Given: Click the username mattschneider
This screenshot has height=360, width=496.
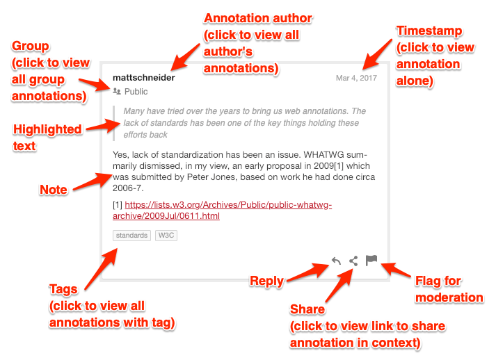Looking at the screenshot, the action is [143, 78].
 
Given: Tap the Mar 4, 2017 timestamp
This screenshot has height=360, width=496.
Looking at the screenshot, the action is [356, 78].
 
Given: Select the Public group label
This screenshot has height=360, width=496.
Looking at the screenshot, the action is [136, 92].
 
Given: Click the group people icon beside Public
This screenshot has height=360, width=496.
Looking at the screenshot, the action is [116, 92].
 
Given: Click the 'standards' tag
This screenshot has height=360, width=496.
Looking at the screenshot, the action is [131, 236].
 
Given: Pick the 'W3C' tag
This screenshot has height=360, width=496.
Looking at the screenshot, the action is [166, 236].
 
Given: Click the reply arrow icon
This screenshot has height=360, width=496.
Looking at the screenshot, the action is [336, 261].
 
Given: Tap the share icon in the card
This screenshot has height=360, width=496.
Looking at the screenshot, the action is [353, 261].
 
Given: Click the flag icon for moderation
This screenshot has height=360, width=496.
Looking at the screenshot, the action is [371, 261].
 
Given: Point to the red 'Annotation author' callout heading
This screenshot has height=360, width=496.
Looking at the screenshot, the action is [257, 18].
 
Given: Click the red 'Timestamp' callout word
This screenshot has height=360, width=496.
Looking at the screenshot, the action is [429, 31].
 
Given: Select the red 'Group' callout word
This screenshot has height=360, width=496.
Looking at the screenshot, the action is [31, 47].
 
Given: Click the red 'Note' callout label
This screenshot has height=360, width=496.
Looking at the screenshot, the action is [54, 190].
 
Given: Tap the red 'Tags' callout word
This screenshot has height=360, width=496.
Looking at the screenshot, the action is [63, 289].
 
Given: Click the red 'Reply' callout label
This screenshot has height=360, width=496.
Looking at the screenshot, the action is [266, 281].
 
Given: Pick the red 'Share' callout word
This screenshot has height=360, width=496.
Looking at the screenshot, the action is [307, 309].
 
